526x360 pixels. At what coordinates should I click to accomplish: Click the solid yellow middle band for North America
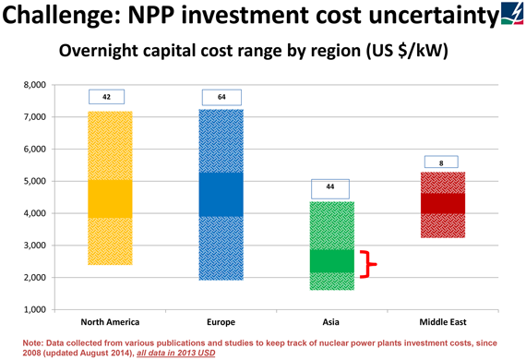pyautogui.click(x=110, y=198)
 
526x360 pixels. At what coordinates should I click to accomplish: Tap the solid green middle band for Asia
pyautogui.click(x=330, y=260)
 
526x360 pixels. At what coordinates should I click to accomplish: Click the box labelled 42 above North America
pyautogui.click(x=107, y=96)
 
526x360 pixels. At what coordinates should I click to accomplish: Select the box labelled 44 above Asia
pyautogui.click(x=330, y=188)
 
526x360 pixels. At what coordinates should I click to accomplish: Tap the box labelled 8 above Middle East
pyautogui.click(x=443, y=162)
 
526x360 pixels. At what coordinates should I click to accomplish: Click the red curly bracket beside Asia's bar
pyautogui.click(x=369, y=264)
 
